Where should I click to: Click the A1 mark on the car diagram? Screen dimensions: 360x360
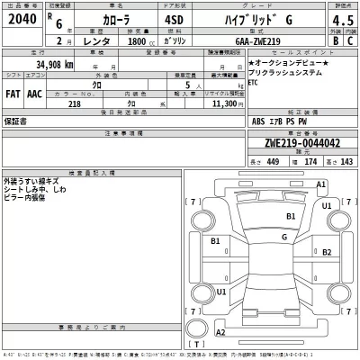(320, 184)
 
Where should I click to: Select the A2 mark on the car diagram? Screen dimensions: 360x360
(220, 332)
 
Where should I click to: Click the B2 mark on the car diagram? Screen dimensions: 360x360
(216, 242)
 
